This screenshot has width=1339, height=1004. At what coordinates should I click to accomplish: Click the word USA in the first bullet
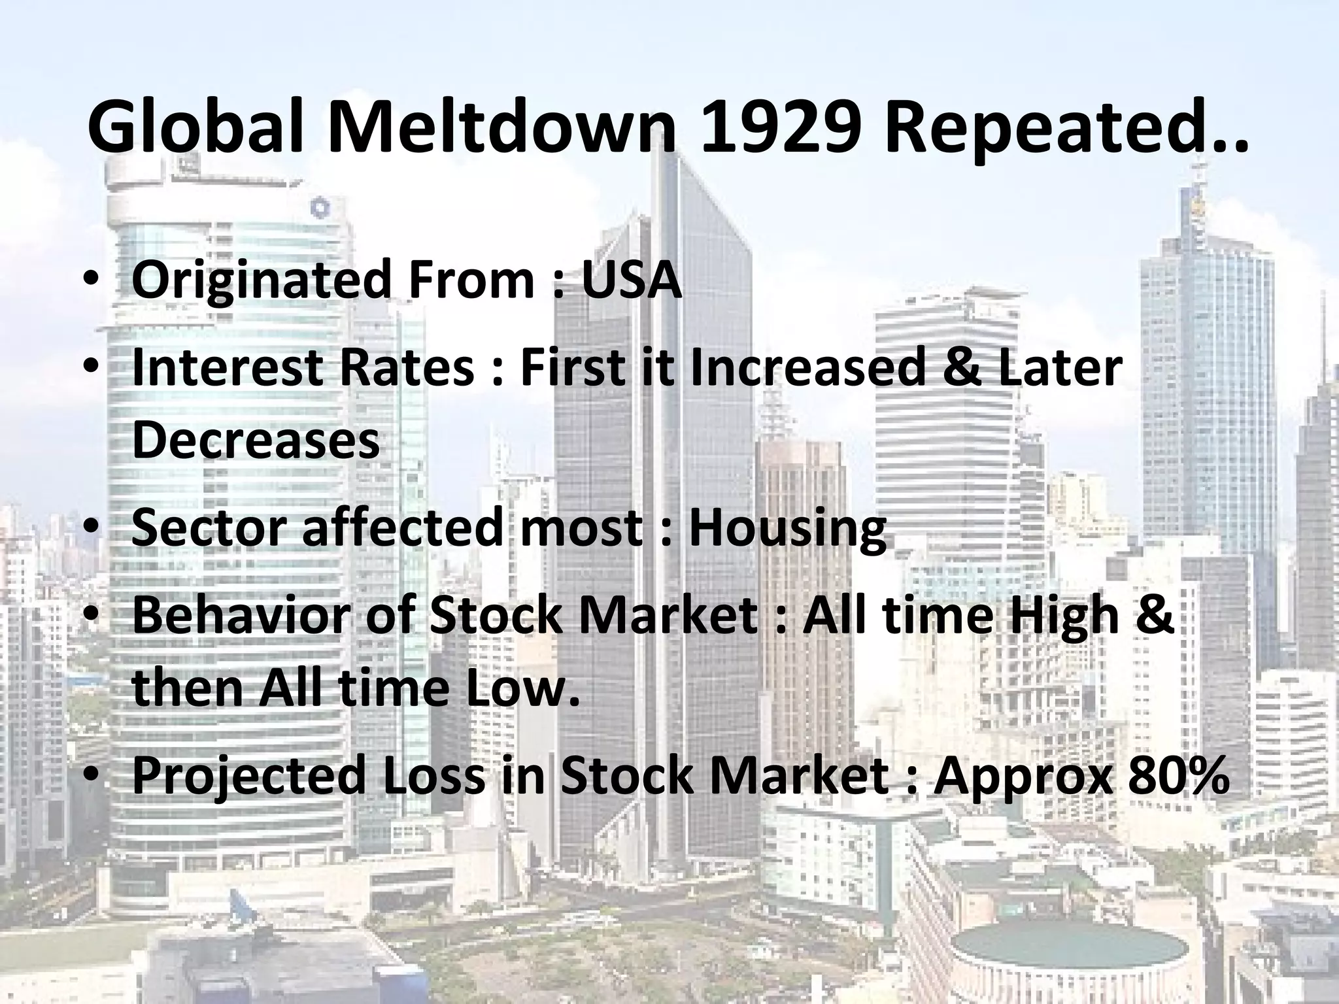click(x=631, y=279)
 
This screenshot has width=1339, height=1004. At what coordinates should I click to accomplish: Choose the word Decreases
click(x=256, y=439)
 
